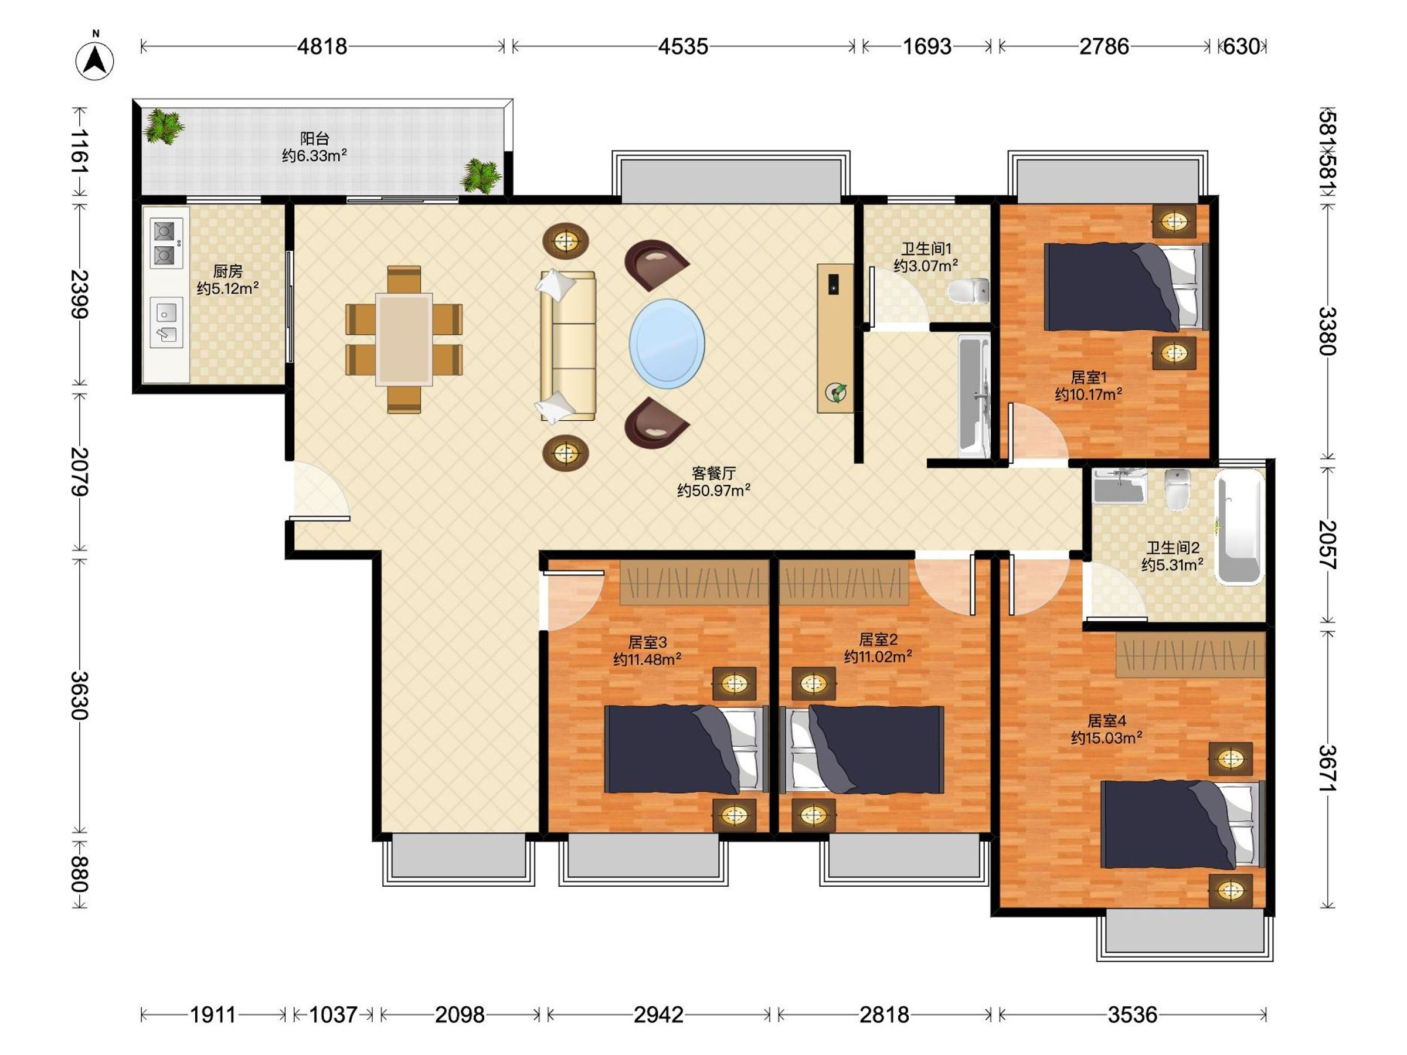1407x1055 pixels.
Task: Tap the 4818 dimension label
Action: pos(322,46)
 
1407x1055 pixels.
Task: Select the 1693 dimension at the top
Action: pos(927,46)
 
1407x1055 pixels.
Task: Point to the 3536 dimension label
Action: pos(1132,1015)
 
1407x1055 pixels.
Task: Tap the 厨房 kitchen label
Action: pos(227,271)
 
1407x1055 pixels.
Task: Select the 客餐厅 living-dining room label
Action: pos(713,473)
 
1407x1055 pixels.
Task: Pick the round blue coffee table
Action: pos(667,344)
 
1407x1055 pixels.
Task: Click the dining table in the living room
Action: pos(404,339)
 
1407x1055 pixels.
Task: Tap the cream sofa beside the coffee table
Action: pos(567,346)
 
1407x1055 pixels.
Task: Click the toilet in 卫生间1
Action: pos(968,291)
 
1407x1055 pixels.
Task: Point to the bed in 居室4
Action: pos(1182,824)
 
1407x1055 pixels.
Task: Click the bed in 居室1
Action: pos(1126,287)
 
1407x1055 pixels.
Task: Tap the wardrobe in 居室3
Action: pos(695,582)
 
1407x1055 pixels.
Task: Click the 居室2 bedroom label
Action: pos(878,639)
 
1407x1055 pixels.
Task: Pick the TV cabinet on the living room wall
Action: pos(835,338)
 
